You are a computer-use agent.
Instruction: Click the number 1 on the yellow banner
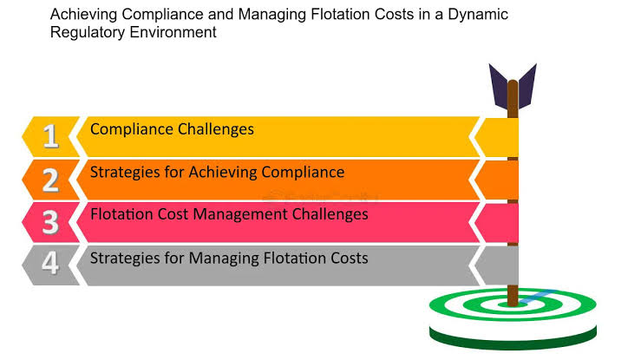(x=50, y=135)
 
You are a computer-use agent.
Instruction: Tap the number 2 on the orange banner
(x=50, y=180)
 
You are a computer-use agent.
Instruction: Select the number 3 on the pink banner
(x=50, y=222)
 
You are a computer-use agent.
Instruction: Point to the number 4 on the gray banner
(x=50, y=262)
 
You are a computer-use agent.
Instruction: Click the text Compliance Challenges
(x=172, y=129)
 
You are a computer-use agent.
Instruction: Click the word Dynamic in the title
(x=478, y=15)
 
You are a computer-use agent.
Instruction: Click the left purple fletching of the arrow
(x=499, y=86)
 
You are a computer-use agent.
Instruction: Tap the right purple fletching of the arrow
(x=527, y=86)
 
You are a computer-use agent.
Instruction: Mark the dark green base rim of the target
(x=513, y=338)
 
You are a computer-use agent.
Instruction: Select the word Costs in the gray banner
(x=350, y=259)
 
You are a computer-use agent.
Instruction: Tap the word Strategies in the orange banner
(x=126, y=173)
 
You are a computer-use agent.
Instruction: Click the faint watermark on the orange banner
(x=320, y=198)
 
